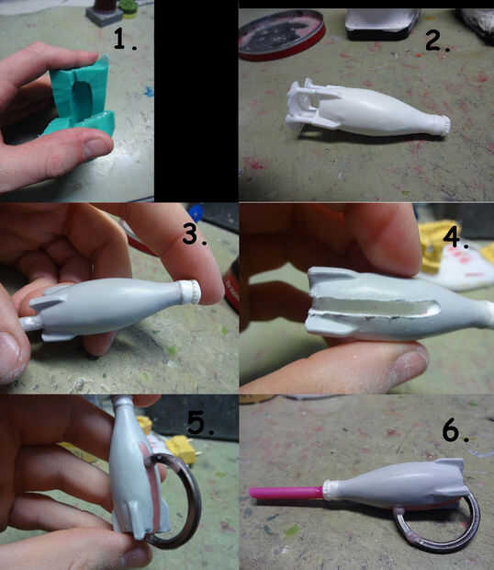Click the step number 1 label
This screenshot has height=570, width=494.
coord(125,39)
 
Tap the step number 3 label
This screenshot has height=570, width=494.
coord(195,234)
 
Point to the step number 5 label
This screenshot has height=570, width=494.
coord(200,423)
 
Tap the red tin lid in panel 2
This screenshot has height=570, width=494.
coord(282,34)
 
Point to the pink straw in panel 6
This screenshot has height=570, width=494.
coord(286,493)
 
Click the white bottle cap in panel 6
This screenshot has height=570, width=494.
coord(330,489)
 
